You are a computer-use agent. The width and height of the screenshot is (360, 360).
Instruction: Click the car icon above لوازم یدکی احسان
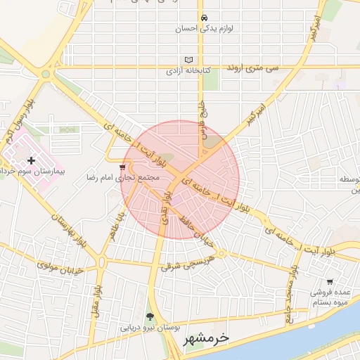point(204,18)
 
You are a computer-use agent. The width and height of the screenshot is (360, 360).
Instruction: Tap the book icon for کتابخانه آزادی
point(188,60)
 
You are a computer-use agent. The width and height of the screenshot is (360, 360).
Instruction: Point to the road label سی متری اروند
point(252,68)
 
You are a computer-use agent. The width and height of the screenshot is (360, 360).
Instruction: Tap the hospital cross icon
point(31,161)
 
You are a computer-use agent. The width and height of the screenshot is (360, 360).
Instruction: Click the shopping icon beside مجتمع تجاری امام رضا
point(123,167)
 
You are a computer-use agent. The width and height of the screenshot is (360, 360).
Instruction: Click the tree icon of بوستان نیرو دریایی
point(150,316)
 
